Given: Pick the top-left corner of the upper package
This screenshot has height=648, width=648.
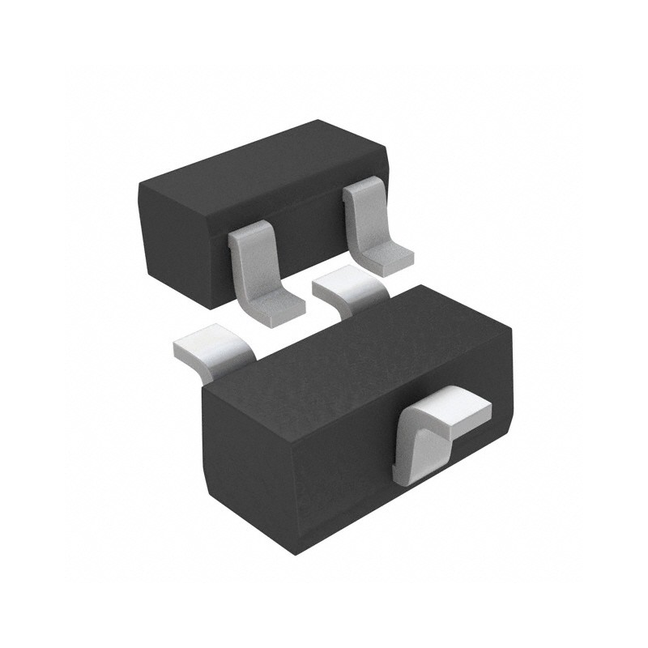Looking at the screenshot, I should point(139,186).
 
